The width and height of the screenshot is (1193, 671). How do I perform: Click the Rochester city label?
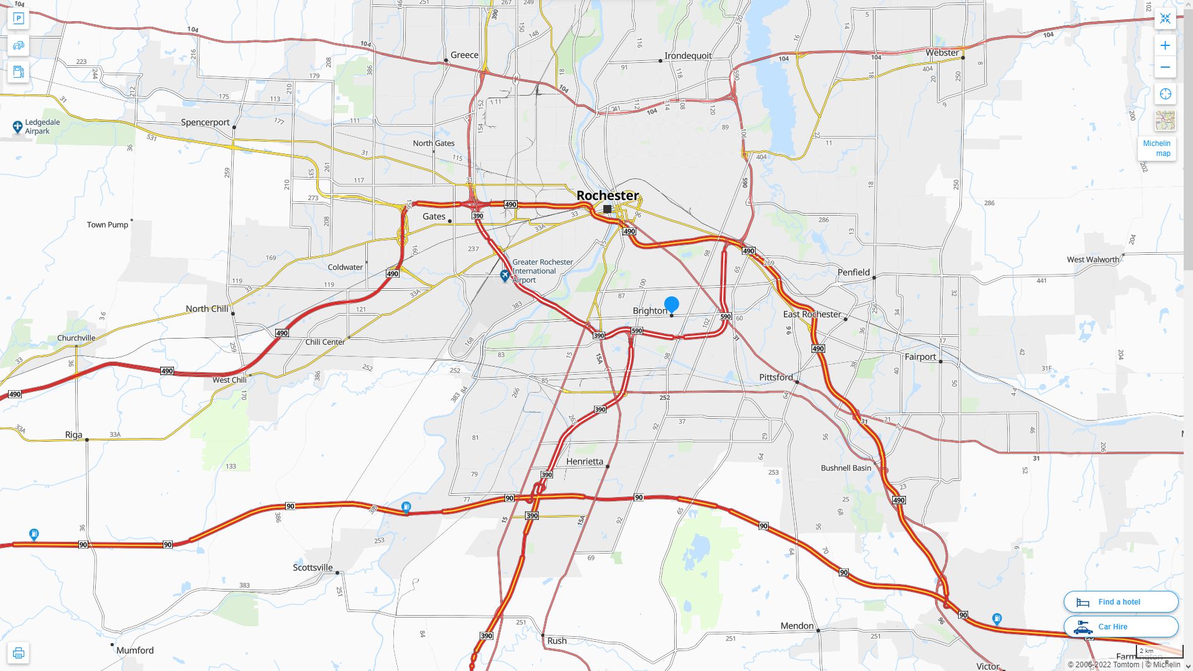pos(607,195)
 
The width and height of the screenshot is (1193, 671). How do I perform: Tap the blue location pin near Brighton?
pos(672,304)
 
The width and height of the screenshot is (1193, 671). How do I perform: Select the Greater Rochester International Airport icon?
pos(505,275)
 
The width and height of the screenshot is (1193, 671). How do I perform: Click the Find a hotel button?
pos(1120,601)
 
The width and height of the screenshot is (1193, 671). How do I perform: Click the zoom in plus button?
pos(1165,45)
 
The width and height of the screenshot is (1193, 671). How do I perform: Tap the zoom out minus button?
pos(1165,67)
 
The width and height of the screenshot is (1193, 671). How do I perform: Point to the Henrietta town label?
pos(584,462)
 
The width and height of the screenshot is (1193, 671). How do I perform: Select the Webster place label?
pos(942,53)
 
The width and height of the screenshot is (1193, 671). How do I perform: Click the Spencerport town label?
pos(205,122)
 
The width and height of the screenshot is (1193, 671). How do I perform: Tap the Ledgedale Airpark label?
pos(42,127)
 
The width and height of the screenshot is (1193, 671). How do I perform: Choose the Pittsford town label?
pos(775,377)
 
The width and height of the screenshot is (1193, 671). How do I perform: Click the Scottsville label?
pos(313,567)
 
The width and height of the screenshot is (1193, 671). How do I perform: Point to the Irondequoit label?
pos(688,56)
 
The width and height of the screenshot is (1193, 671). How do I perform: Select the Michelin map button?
pos(1158,148)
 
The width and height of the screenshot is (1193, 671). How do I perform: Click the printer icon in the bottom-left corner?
pos(19,653)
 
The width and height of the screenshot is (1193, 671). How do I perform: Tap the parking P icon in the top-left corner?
pos(19,19)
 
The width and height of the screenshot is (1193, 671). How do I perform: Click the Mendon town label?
pos(797,626)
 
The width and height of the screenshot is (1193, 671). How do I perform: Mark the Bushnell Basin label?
pos(846,468)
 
